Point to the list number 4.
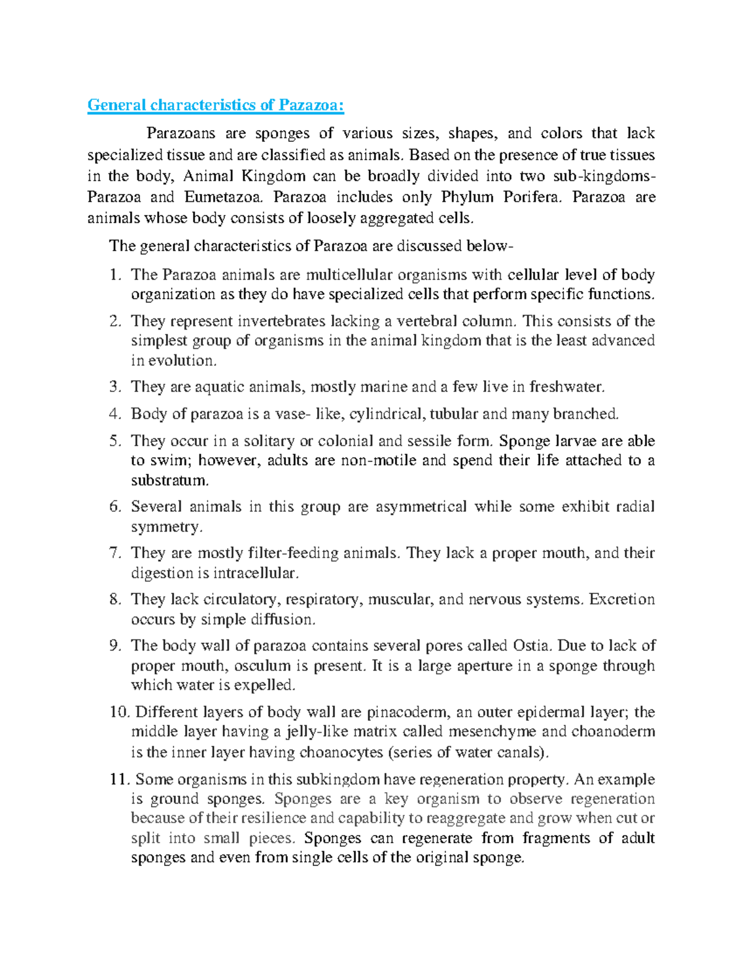click(x=114, y=414)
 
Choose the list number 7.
click(x=114, y=553)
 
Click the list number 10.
click(x=118, y=712)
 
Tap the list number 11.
click(x=118, y=779)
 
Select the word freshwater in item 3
click(x=566, y=387)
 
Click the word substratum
click(x=170, y=480)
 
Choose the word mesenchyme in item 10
click(x=492, y=732)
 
